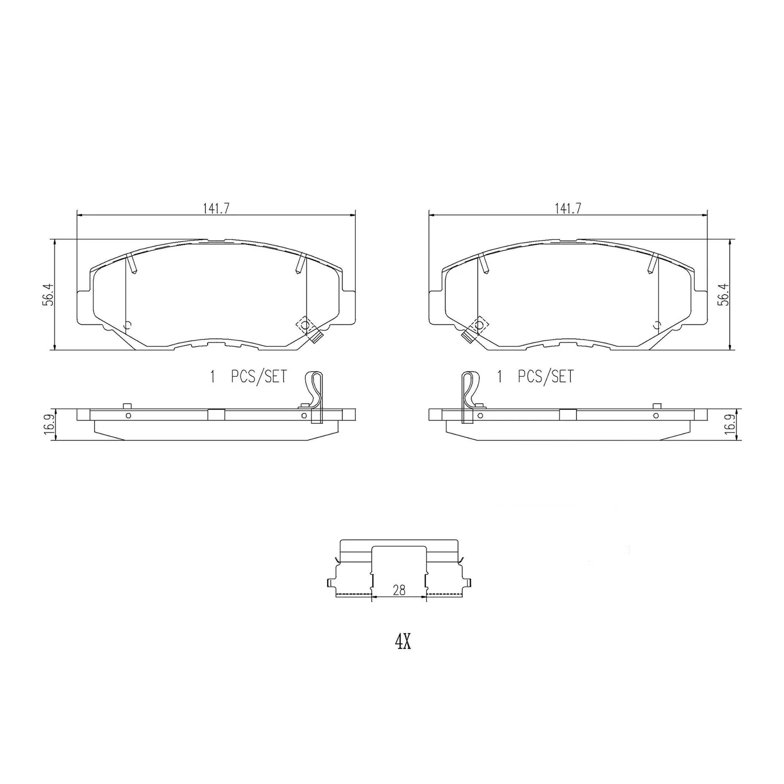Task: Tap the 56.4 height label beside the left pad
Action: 48,294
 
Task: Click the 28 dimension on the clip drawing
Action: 399,590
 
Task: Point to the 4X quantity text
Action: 402,642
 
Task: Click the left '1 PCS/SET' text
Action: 248,377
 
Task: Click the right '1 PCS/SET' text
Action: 535,377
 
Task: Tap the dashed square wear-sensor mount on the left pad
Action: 305,325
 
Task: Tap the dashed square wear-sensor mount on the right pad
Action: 479,325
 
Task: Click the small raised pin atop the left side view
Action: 127,406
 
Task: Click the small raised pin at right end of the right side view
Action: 657,406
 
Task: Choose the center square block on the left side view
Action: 216,415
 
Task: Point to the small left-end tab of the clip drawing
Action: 329,583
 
